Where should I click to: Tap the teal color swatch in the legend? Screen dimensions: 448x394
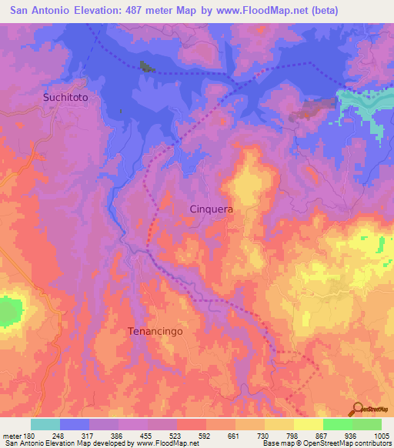[x=45, y=424]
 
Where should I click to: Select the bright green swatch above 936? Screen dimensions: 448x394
[x=338, y=424]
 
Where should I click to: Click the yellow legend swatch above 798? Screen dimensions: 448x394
[x=279, y=424]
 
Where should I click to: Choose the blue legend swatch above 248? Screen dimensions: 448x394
[x=75, y=424]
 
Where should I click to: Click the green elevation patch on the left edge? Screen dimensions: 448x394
[x=9, y=311]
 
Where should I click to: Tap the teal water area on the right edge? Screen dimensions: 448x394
[x=366, y=103]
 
